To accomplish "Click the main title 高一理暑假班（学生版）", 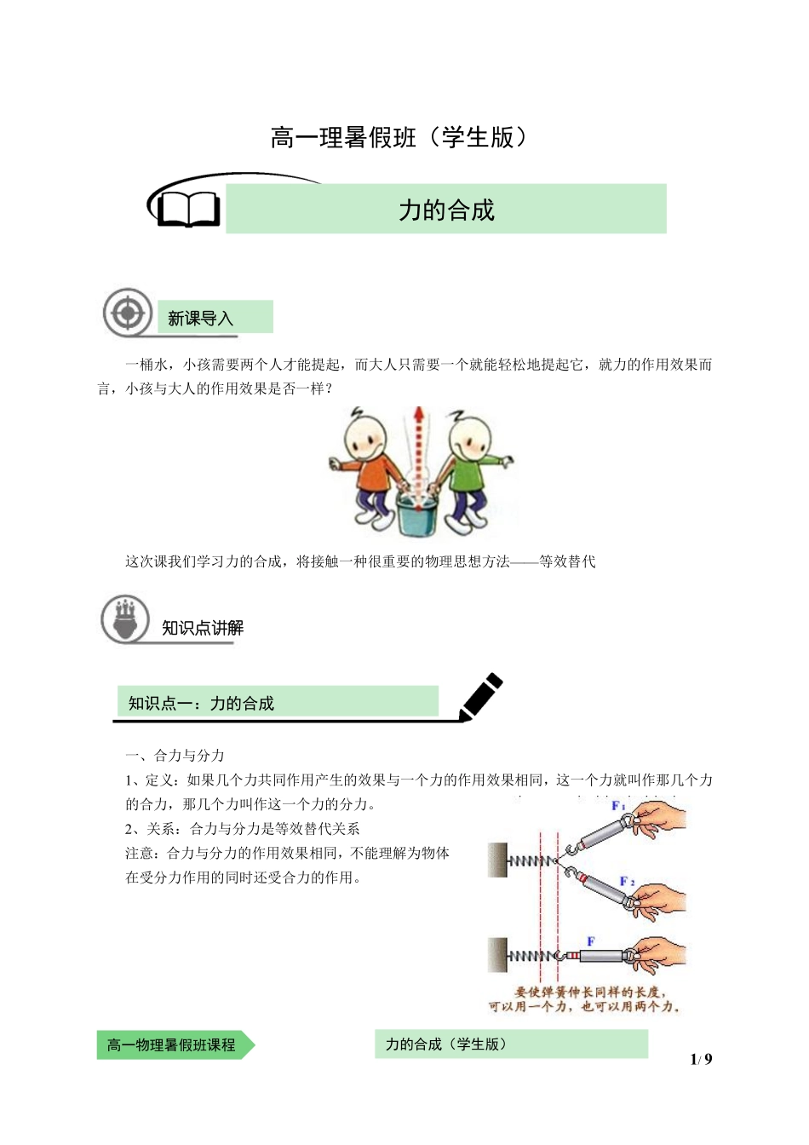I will [x=399, y=137].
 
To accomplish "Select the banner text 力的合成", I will [x=446, y=210].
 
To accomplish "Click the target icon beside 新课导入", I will [x=128, y=313].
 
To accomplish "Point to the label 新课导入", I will [x=201, y=319].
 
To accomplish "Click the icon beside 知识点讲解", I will [x=125, y=619].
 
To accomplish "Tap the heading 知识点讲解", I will [x=203, y=628].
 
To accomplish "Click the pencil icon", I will [x=481, y=696].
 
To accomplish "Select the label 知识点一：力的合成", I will [x=201, y=703].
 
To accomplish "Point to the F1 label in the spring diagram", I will [x=618, y=806].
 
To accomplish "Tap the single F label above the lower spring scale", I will [x=590, y=941].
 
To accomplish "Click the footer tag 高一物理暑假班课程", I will [x=171, y=1044].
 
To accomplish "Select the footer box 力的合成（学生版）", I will [x=445, y=1044].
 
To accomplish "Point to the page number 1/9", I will [x=701, y=1059].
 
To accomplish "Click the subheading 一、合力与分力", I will [x=175, y=755].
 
